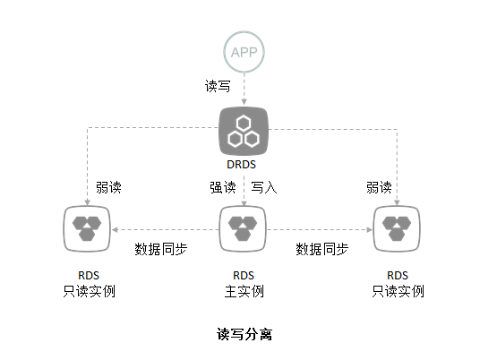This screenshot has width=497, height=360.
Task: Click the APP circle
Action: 244,53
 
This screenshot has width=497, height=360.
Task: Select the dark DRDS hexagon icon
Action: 244,131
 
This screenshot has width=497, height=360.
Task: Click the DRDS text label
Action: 244,165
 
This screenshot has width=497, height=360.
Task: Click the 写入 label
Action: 263,187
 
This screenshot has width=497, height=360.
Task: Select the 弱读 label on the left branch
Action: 109,187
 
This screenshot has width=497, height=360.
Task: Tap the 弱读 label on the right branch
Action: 379,187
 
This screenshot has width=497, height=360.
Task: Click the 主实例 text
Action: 244,291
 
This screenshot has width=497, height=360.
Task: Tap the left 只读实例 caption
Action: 90,291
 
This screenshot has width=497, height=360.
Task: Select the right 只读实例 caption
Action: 398,291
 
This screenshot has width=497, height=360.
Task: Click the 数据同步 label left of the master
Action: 161,248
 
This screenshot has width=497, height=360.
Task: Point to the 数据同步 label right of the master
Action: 322,248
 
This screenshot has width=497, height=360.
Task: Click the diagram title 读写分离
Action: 244,334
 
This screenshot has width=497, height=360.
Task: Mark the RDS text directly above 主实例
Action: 244,275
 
